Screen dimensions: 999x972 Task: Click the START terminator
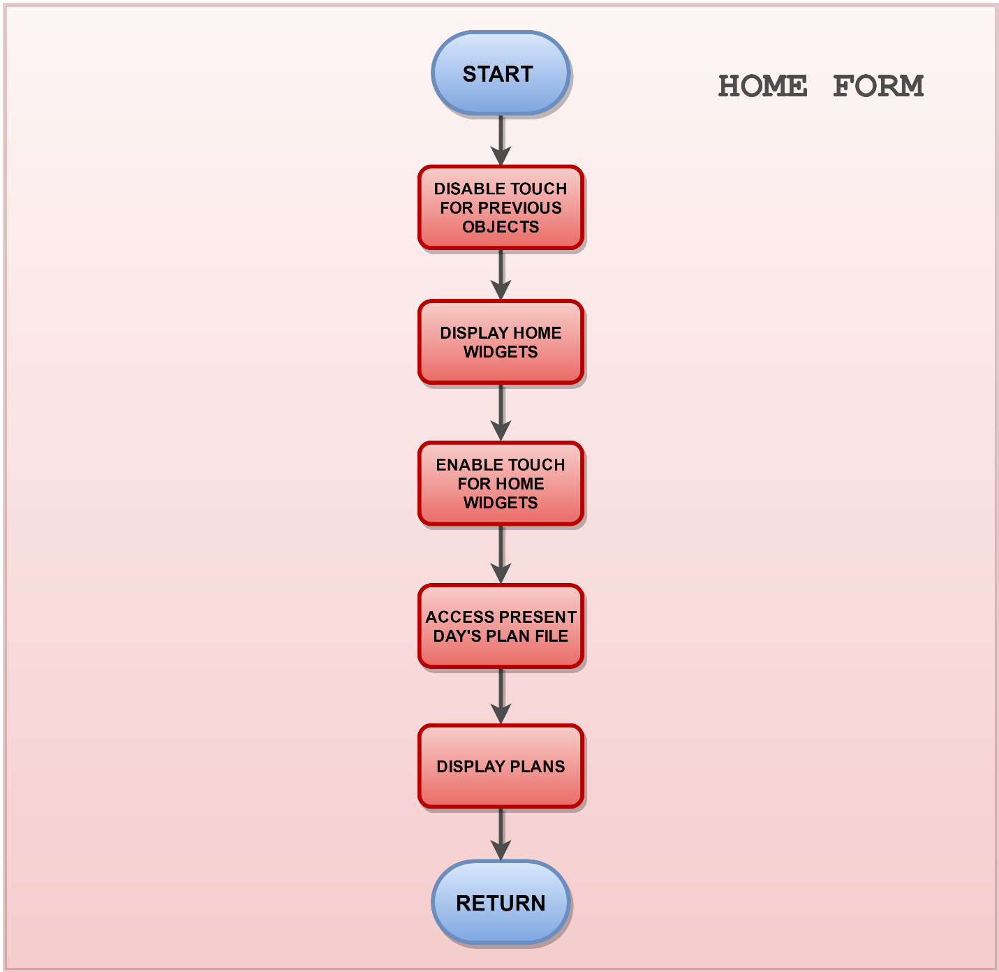[x=500, y=73]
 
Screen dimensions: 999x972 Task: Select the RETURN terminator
[x=500, y=903]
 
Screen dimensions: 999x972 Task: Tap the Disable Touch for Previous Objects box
[x=501, y=207]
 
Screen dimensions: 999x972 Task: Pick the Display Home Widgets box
[x=501, y=342]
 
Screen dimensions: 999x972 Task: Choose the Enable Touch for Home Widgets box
[x=501, y=483]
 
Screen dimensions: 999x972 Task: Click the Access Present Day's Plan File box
[x=501, y=626]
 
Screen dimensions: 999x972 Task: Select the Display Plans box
[x=501, y=766]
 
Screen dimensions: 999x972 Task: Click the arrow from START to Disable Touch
[x=501, y=140]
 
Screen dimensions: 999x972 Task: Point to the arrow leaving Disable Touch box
[x=501, y=274]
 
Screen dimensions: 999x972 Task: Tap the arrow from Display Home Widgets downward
[x=501, y=413]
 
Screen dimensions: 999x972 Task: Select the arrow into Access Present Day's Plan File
[x=501, y=554]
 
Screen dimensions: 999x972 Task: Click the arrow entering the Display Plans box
[x=501, y=696]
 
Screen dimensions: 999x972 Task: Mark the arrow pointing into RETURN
[x=501, y=834]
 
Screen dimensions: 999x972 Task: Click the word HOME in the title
[x=762, y=86]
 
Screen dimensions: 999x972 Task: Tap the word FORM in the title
[x=878, y=86]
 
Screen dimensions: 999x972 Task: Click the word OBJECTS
[x=501, y=227]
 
